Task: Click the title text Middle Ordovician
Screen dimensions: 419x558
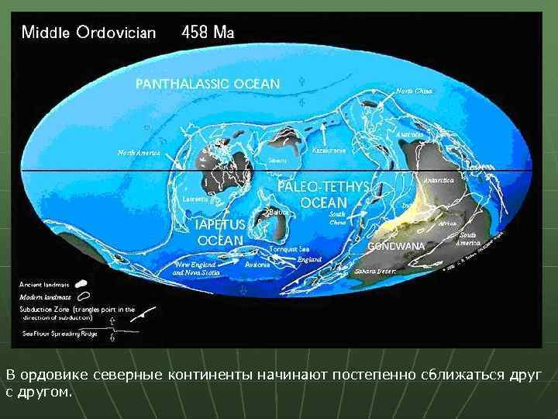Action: click(88, 33)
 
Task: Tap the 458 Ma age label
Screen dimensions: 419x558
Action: click(208, 33)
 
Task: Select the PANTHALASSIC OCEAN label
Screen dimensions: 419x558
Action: click(207, 83)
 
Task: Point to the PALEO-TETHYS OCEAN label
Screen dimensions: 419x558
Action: click(324, 196)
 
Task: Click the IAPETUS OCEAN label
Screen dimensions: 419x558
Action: click(221, 232)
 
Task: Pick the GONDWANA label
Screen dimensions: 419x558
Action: click(396, 246)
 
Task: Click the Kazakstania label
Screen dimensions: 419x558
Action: click(329, 150)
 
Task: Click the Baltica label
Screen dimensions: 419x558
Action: click(280, 211)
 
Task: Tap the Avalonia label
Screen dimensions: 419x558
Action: click(257, 265)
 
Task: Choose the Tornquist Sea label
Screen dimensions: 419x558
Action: click(289, 249)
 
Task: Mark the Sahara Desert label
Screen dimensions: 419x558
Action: click(375, 272)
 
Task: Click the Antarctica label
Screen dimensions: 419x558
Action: click(437, 179)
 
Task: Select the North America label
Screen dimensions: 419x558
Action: click(139, 153)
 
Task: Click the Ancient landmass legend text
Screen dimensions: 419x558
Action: click(43, 284)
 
